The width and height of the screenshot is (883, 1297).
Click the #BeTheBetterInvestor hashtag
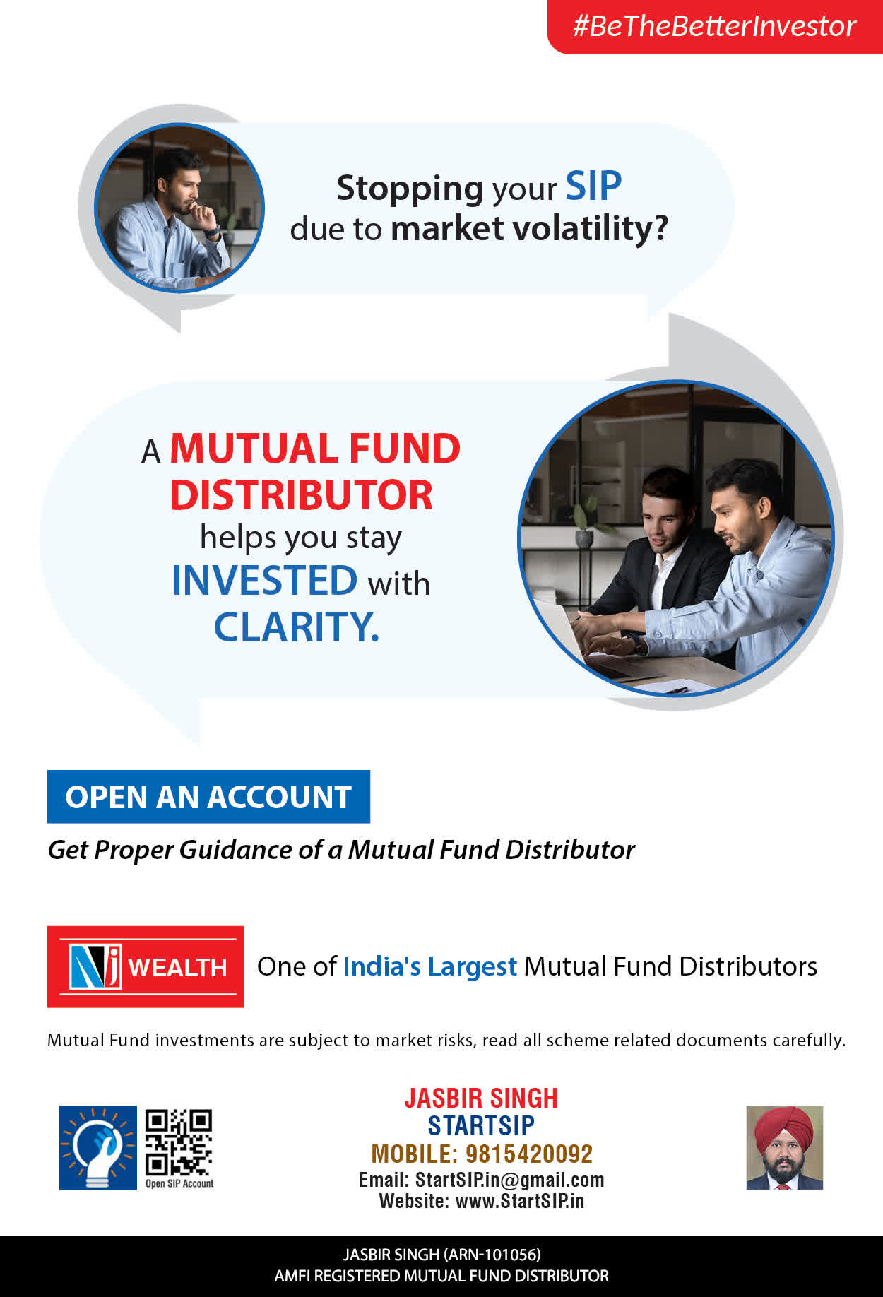[714, 26]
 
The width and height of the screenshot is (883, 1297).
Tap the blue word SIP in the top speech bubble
[593, 186]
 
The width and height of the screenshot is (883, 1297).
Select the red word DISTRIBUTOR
[301, 494]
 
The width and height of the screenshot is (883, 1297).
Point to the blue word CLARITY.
[296, 627]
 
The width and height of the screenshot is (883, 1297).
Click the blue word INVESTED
[265, 580]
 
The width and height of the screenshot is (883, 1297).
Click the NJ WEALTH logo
[146, 966]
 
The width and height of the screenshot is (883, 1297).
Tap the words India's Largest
[430, 967]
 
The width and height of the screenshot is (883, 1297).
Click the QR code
[178, 1142]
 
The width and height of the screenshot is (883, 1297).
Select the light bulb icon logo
[97, 1148]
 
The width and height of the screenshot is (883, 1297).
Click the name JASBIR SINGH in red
[481, 1098]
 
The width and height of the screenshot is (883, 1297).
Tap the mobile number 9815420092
[529, 1154]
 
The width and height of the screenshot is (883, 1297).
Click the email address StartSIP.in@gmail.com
[509, 1180]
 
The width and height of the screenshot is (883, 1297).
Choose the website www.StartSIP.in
[519, 1201]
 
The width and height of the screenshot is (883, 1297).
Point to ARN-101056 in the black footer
[492, 1255]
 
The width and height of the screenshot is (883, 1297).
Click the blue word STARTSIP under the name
[481, 1125]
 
